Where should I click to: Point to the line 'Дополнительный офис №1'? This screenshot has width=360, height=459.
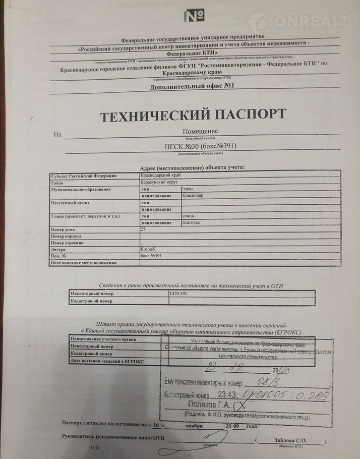pos(192,87)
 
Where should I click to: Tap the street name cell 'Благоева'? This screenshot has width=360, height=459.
pos(191,222)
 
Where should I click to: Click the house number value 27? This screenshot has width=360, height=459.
pos(143,229)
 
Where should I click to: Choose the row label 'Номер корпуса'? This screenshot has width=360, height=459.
pos(66,236)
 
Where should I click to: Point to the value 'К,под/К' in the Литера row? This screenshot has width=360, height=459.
pos(150,249)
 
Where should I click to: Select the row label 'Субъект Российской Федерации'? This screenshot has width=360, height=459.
pos(84,176)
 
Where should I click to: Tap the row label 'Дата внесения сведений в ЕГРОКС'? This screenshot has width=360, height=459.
pos(100,361)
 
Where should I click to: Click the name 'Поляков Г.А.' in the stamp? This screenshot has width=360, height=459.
pos(207,405)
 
